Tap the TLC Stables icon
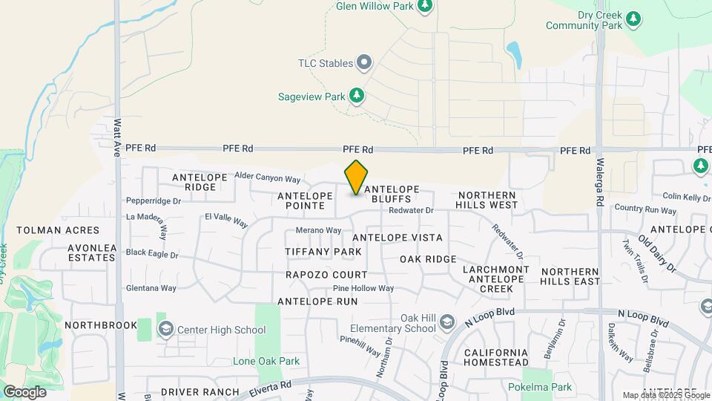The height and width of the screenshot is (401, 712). (x=364, y=63)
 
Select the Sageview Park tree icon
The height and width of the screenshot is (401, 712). (x=357, y=96)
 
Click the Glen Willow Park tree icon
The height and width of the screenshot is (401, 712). (x=425, y=7)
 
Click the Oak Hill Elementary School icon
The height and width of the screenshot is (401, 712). (x=446, y=322)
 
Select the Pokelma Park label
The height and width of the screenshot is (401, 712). (x=540, y=387)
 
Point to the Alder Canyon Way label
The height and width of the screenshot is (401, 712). (x=267, y=179)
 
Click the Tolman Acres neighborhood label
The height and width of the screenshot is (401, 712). (x=58, y=230)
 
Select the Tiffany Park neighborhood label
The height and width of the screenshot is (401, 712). (x=323, y=252)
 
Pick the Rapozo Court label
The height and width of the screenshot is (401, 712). (x=327, y=275)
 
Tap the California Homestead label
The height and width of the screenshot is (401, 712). (x=496, y=357)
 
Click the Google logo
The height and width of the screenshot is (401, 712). (x=24, y=391)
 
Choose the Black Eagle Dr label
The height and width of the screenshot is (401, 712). (x=152, y=254)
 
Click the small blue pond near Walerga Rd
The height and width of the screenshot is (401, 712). (x=512, y=51)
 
